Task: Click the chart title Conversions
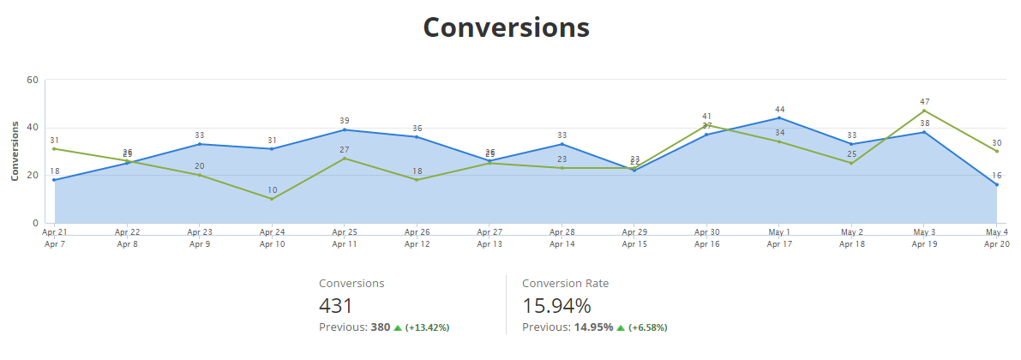[x=507, y=27]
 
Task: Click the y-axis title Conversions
[x=15, y=151]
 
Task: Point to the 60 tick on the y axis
[x=33, y=80]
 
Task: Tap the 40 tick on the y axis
[x=33, y=128]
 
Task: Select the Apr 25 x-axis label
[x=345, y=231]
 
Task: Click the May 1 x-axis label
[x=780, y=231]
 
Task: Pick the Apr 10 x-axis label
[x=272, y=244]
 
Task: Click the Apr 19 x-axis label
[x=924, y=244]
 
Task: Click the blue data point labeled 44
[x=780, y=118]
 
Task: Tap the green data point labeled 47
[x=924, y=111]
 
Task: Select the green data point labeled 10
[x=272, y=199]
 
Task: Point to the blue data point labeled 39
[x=345, y=129]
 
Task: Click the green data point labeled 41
[x=707, y=125]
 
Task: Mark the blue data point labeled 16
[x=996, y=184]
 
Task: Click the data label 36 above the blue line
[x=417, y=129]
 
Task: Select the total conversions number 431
[x=336, y=306]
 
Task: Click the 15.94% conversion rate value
[x=556, y=306]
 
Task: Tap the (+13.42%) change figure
[x=427, y=327]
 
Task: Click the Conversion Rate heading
[x=565, y=283]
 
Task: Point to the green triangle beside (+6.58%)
[x=622, y=327]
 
